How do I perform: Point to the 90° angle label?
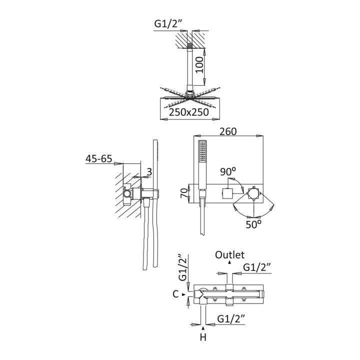(x=228, y=171)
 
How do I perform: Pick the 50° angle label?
(x=253, y=224)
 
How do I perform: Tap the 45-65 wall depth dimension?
(x=98, y=159)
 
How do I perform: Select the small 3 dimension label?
(x=149, y=172)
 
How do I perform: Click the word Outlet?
(x=229, y=255)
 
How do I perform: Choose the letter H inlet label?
(x=203, y=337)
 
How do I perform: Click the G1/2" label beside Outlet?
(x=257, y=267)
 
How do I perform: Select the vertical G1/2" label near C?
(x=182, y=268)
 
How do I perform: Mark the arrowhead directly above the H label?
(x=203, y=328)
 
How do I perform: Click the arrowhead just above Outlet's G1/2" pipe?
(x=229, y=262)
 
